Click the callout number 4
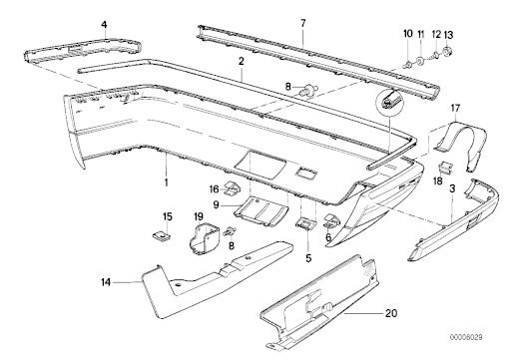click(105, 24)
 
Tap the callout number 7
click(302, 23)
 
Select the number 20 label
click(391, 313)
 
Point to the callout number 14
click(106, 282)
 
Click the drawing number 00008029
click(466, 337)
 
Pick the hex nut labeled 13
click(446, 52)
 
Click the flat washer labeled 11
click(420, 61)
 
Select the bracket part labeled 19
click(203, 238)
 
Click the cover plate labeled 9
click(261, 211)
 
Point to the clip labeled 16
click(234, 187)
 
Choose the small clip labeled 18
click(446, 168)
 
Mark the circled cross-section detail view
click(389, 102)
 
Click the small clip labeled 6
click(331, 220)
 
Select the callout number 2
click(241, 61)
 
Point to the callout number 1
click(166, 182)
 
